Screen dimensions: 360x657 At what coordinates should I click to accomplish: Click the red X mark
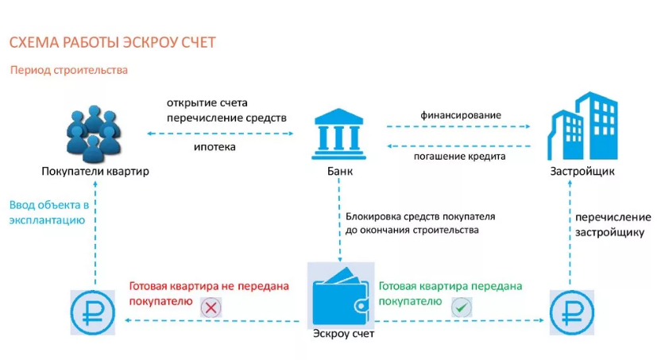[x=211, y=307]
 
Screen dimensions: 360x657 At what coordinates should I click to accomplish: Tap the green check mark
[x=460, y=307]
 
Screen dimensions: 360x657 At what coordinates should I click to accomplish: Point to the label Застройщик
[x=582, y=172]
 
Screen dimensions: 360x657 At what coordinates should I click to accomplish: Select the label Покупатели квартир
[x=95, y=172]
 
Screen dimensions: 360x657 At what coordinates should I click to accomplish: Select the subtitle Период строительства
[x=69, y=70]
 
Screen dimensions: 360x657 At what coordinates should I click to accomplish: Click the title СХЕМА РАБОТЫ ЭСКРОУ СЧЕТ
[x=112, y=41]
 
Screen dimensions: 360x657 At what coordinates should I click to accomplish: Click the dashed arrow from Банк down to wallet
[x=339, y=223]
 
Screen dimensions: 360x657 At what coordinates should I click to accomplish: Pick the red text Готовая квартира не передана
[x=208, y=286]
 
